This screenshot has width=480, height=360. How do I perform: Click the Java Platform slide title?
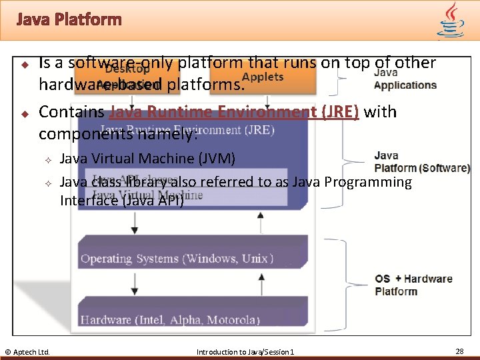[x=69, y=19]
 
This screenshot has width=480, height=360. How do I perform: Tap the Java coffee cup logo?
[x=451, y=19]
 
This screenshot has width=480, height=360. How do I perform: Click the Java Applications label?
[x=405, y=79]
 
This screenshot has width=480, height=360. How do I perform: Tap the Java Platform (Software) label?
[x=421, y=162]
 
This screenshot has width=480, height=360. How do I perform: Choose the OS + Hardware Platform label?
[x=413, y=285]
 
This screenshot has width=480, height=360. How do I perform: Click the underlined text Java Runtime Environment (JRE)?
[x=234, y=112]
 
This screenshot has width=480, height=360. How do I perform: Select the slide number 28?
[x=459, y=351]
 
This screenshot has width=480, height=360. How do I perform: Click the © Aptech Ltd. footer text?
[x=27, y=351]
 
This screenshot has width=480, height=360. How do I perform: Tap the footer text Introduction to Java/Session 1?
[x=245, y=351]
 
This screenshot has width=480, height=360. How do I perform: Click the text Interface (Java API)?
[x=121, y=200]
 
